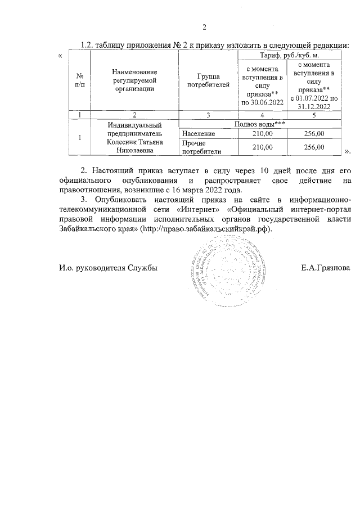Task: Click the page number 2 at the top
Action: coord(205,28)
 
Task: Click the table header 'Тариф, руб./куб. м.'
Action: coord(289,55)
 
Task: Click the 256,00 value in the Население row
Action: coord(314,133)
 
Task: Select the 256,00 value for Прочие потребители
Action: coord(314,147)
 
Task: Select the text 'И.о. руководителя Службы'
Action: coord(109,268)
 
